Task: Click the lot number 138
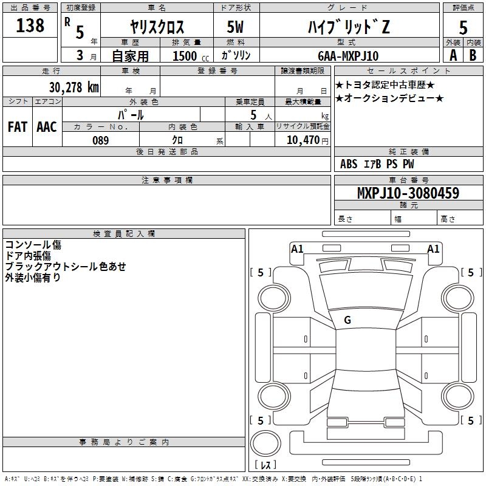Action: (30, 25)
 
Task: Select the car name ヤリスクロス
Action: (157, 27)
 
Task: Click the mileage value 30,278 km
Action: (74, 87)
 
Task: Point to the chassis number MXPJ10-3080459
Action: (408, 193)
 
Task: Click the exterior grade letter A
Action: (453, 55)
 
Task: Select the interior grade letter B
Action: (473, 55)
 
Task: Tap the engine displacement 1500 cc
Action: (188, 56)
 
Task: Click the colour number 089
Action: (100, 140)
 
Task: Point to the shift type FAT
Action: (17, 126)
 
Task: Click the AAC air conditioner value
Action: (46, 126)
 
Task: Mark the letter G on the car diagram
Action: (347, 320)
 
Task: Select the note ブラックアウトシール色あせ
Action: (66, 267)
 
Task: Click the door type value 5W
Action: (237, 27)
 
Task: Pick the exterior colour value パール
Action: (131, 114)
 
